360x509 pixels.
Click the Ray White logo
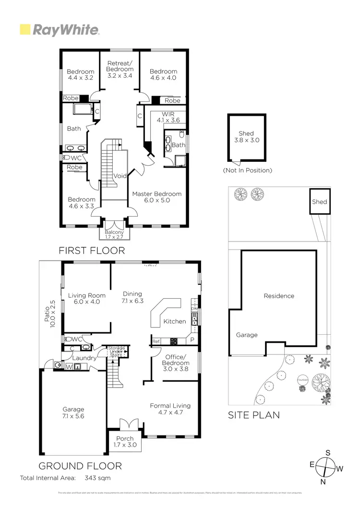click(x=59, y=30)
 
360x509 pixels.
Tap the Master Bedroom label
click(x=157, y=197)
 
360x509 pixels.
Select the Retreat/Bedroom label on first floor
click(x=120, y=69)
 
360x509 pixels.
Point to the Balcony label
click(x=114, y=234)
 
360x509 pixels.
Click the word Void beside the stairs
click(x=120, y=176)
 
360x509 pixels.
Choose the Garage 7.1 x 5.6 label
click(x=73, y=413)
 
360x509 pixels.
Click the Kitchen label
click(x=174, y=321)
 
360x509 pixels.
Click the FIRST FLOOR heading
click(x=92, y=250)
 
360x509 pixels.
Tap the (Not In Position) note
click(x=247, y=170)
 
